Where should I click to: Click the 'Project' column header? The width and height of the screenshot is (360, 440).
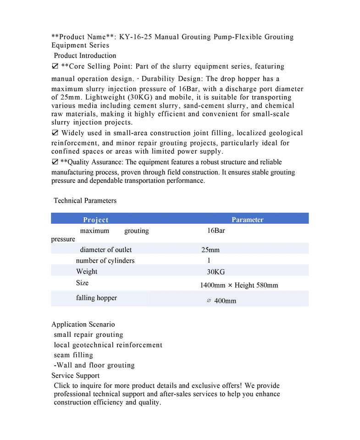tap(95, 220)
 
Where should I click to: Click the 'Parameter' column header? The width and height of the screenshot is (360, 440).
tap(247, 220)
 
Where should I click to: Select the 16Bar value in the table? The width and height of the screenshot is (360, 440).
tap(216, 231)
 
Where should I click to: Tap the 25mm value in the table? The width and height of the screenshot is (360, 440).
tap(210, 250)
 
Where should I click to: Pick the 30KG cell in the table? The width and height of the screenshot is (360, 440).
tap(216, 272)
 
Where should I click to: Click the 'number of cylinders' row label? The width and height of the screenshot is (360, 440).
tap(105, 261)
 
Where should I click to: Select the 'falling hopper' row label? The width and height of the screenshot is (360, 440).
tap(96, 298)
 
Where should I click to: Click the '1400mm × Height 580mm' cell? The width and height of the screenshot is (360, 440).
tap(239, 286)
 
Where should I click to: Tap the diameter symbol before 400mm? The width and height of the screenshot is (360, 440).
tap(209, 301)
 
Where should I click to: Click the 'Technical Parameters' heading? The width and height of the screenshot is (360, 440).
tap(85, 201)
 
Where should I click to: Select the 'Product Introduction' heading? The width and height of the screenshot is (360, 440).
tap(85, 56)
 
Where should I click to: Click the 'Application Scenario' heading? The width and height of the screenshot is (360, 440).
tap(83, 324)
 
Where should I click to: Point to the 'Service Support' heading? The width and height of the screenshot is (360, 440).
tap(75, 376)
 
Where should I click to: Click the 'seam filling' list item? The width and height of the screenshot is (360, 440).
tap(73, 355)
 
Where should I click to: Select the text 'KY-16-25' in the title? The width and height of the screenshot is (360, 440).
tap(138, 37)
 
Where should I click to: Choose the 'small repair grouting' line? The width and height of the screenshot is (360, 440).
tap(89, 335)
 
